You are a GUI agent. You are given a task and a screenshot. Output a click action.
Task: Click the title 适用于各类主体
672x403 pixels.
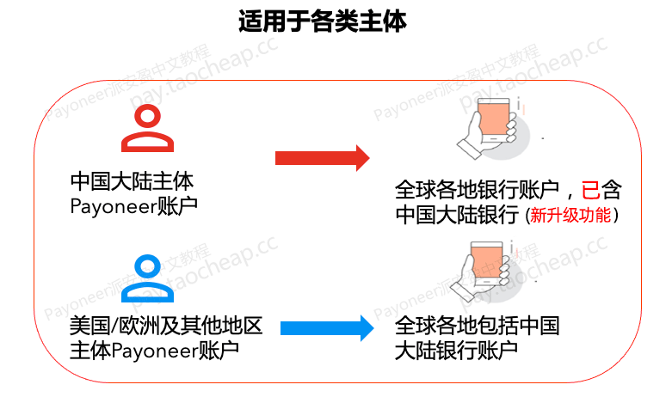coord(323,21)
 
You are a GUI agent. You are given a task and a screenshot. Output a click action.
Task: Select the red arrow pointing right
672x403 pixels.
coord(323,158)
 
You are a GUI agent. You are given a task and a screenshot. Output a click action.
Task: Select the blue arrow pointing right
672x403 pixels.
coord(327,328)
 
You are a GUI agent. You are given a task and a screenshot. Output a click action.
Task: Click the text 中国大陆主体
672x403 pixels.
coord(132,181)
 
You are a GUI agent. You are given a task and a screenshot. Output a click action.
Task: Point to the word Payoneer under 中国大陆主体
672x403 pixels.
coord(113,206)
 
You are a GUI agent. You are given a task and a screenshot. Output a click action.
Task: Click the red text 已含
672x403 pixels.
coord(601,190)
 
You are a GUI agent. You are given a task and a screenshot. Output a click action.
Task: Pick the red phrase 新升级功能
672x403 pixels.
coord(570,215)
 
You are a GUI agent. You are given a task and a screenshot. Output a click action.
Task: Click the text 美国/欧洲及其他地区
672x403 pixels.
coord(166,326)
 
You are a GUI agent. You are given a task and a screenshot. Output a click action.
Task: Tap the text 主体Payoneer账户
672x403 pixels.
coord(154,351)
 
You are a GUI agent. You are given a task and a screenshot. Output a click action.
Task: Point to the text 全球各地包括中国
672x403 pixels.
coord(477,326)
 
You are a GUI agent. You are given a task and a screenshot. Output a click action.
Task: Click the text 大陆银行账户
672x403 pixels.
coord(456,351)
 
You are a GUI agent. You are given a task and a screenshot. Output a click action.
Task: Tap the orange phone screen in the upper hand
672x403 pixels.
coord(494,120)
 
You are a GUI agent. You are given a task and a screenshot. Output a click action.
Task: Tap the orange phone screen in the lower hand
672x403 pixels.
coord(486,263)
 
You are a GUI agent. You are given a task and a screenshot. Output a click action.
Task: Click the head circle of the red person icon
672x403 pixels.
coord(147,116)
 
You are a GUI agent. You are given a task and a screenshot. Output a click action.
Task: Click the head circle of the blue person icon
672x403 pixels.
coord(147,266)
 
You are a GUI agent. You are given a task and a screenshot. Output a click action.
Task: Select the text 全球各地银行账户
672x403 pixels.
coord(477,190)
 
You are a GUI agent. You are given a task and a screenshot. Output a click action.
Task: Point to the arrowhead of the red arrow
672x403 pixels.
coord(362,158)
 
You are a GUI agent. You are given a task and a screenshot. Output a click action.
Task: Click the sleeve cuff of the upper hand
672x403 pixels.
coord(470,150)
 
